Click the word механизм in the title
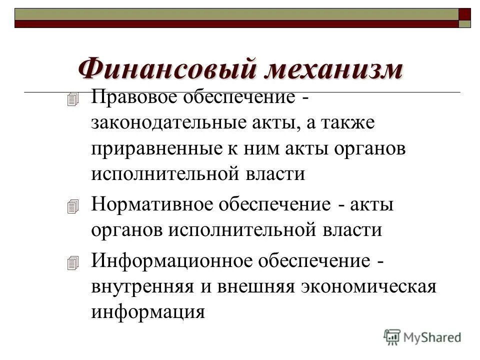(333, 68)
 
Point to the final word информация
(148, 312)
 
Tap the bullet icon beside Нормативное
(73, 206)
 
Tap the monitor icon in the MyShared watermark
(392, 337)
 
